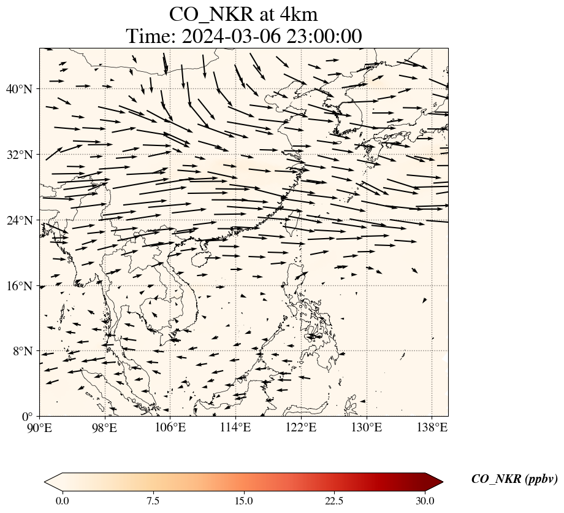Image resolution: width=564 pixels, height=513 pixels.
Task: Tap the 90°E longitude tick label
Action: pos(40,427)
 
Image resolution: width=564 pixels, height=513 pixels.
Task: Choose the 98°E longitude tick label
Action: pos(105,427)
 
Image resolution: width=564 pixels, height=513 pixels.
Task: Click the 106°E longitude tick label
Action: pos(170,427)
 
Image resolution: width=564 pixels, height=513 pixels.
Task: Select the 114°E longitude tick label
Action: pos(235,427)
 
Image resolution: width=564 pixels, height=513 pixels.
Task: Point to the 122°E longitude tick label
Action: pos(301,427)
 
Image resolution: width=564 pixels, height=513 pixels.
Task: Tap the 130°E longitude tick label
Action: pos(367,427)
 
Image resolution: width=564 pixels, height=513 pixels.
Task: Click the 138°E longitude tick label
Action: pos(432,427)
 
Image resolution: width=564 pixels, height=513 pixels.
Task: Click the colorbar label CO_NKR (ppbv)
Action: pos(514,479)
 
